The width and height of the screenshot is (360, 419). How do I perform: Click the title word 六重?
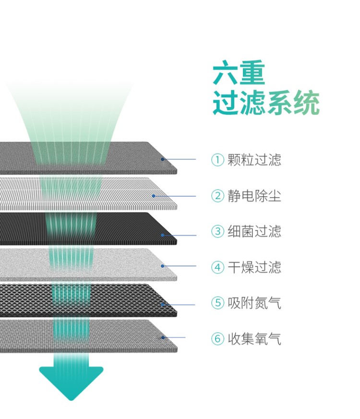[x=239, y=72]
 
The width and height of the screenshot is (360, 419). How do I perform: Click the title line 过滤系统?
[x=266, y=103]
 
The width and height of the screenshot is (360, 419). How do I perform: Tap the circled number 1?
[x=217, y=160]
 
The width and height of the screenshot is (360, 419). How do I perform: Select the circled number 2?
[x=217, y=196]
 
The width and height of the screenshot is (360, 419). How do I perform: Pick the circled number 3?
[x=217, y=231]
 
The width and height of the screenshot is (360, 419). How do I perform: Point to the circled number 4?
[x=217, y=267]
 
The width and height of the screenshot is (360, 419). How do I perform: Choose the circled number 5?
[x=217, y=303]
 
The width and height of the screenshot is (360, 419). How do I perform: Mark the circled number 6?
[x=217, y=339]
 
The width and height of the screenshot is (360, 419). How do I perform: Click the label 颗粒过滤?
[x=254, y=160]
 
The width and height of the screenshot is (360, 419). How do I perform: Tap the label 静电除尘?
[x=254, y=196]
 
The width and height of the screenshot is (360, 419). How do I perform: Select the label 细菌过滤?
[x=254, y=231]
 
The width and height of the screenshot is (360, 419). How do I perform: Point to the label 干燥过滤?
[x=254, y=267]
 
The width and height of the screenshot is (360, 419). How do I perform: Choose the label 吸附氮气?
[x=254, y=303]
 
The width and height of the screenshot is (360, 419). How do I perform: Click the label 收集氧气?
[x=254, y=339]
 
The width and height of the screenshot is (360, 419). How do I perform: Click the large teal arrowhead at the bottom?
[x=71, y=382]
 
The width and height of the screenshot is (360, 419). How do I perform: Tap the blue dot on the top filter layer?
[x=163, y=159]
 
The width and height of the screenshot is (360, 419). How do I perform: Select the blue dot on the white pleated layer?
[x=154, y=196]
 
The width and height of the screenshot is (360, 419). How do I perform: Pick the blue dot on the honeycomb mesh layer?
[x=163, y=304]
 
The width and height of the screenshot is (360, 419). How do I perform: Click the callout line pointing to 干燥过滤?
[x=180, y=266]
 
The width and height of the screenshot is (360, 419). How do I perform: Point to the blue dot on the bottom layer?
[x=163, y=337]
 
